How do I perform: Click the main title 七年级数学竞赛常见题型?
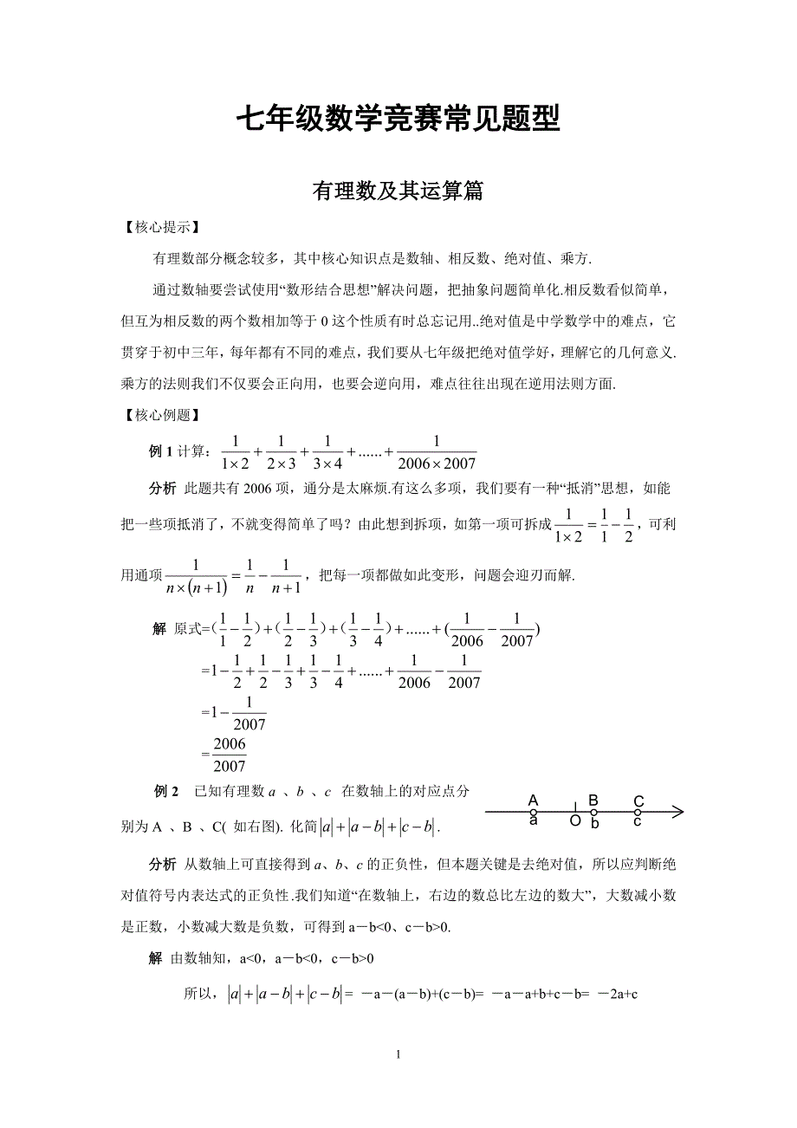[x=398, y=119]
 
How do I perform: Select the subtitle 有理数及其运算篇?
[x=398, y=191]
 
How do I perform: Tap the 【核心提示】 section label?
[x=162, y=228]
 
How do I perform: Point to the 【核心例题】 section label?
[x=162, y=415]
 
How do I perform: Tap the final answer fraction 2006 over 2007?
[x=230, y=755]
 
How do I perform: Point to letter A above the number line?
[x=534, y=801]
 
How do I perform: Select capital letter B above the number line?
[x=593, y=800]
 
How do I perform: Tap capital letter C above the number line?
[x=638, y=801]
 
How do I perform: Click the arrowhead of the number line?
[x=677, y=812]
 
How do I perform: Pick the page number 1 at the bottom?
[x=398, y=1054]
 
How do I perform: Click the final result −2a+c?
[x=619, y=995]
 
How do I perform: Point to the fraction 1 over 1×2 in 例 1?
[x=235, y=452]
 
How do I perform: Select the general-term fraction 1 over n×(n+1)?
[x=196, y=576]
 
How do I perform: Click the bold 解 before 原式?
[x=159, y=630]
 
